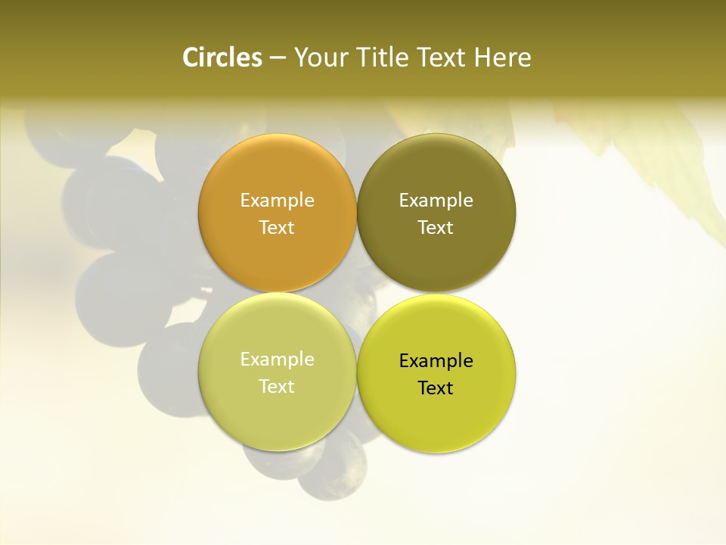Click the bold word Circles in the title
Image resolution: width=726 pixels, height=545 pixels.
point(222,58)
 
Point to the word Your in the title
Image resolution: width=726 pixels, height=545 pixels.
point(321,58)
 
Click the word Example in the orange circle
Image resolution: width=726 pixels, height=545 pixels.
point(277,201)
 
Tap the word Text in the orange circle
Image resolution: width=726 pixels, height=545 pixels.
point(277,228)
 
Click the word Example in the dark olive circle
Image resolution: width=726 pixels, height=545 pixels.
point(436,201)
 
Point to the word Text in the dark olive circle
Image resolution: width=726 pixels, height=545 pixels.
point(436,228)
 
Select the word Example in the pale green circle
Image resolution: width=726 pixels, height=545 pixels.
point(277,360)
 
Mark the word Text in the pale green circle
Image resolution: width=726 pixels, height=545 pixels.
point(277,387)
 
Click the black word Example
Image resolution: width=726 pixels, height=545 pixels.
point(436,361)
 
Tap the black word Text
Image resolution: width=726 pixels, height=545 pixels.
point(436,388)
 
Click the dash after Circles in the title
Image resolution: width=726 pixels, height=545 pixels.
point(278,58)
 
